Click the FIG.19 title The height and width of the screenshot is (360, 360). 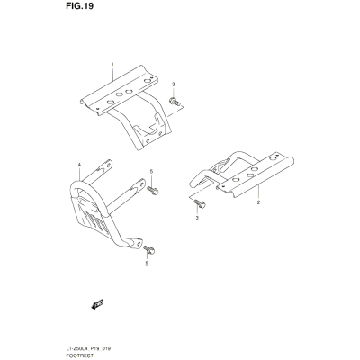pos(79,6)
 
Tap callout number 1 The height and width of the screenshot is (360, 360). pos(112,64)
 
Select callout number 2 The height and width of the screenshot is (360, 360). pos(258,202)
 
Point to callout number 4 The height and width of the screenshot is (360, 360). pos(79,165)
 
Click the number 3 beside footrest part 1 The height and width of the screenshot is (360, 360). pos(173,85)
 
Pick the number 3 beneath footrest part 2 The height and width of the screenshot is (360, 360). pos(197,218)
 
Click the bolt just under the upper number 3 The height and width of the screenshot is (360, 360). pos(175,102)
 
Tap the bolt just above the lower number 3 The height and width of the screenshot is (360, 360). pos(200,204)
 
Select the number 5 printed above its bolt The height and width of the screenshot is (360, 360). pos(151,171)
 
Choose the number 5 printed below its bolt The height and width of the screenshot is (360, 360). pos(147,264)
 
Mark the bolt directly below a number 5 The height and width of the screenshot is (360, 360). pos(153,190)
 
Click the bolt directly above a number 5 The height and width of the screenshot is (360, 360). pos(149,249)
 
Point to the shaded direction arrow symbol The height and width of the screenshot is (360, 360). pos(96,304)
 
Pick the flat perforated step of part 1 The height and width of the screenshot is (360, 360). pos(120,90)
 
